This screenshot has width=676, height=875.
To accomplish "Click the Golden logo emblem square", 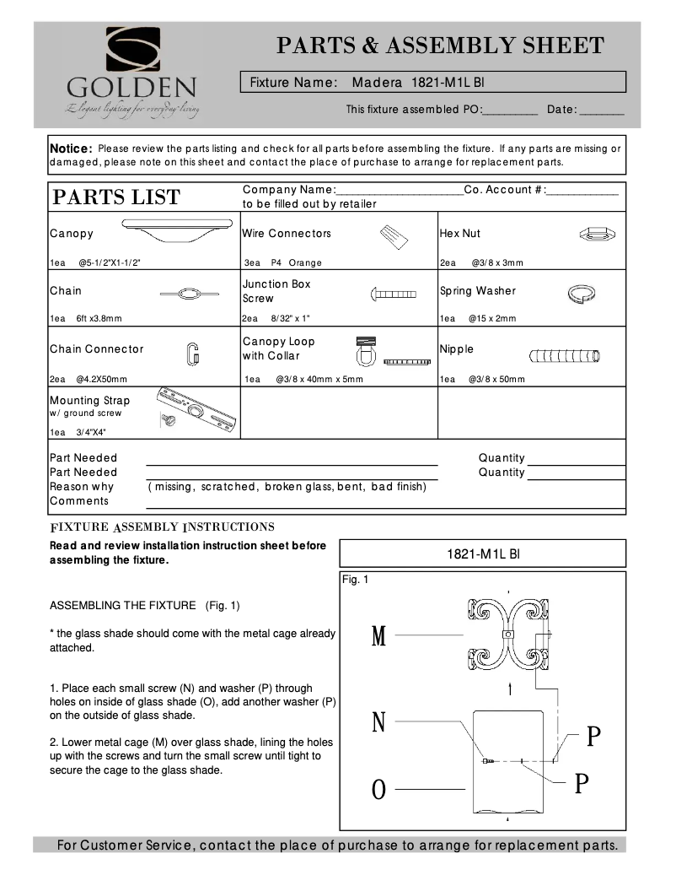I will pyautogui.click(x=132, y=49).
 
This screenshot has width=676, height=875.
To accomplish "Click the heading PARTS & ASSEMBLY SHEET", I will pyautogui.click(x=440, y=46).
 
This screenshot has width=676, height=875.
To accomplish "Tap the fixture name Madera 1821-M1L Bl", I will pyautogui.click(x=417, y=83).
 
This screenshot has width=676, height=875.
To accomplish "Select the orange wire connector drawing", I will pyautogui.click(x=392, y=236).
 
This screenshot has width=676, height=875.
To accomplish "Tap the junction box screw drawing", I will pyautogui.click(x=394, y=294).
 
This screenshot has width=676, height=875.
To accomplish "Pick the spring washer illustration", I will pyautogui.click(x=581, y=293).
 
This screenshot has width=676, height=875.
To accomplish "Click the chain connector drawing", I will pyautogui.click(x=192, y=354).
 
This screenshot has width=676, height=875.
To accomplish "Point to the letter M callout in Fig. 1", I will pyautogui.click(x=379, y=636).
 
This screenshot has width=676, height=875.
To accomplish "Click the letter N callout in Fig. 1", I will pyautogui.click(x=379, y=722).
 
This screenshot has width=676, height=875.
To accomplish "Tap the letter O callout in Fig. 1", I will pyautogui.click(x=379, y=790).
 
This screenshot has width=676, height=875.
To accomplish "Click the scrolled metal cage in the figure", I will pyautogui.click(x=509, y=635).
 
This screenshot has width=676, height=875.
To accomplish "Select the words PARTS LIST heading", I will pyautogui.click(x=116, y=197).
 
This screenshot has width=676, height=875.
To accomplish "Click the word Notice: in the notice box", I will pyautogui.click(x=71, y=149).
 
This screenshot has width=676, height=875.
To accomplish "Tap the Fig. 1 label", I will pyautogui.click(x=355, y=580).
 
